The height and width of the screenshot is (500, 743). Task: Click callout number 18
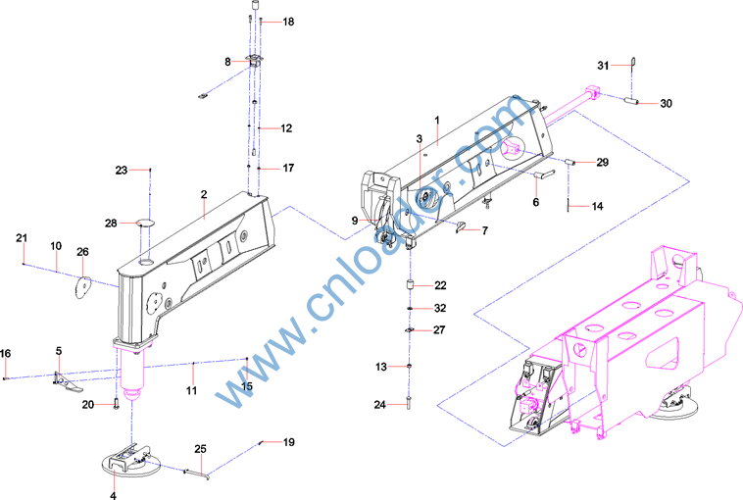click(x=288, y=22)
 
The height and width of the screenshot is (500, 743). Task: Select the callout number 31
click(x=603, y=66)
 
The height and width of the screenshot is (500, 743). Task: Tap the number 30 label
click(x=666, y=103)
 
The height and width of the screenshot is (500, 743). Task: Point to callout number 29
click(x=602, y=163)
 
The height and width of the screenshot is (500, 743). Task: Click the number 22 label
click(x=440, y=285)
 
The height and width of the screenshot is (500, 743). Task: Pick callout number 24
click(x=380, y=405)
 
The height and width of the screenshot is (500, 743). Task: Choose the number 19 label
click(x=289, y=442)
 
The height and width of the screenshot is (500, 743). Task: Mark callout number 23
click(x=122, y=170)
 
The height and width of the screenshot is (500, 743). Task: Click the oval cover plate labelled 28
click(x=145, y=222)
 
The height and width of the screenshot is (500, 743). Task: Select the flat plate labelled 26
click(x=83, y=287)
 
